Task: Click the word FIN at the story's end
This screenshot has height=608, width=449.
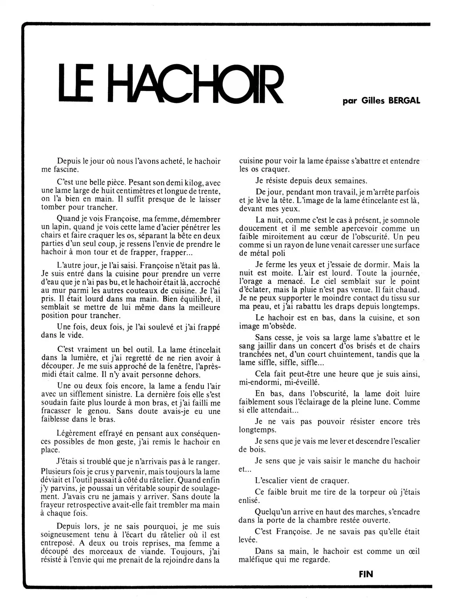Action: click(x=366, y=574)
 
